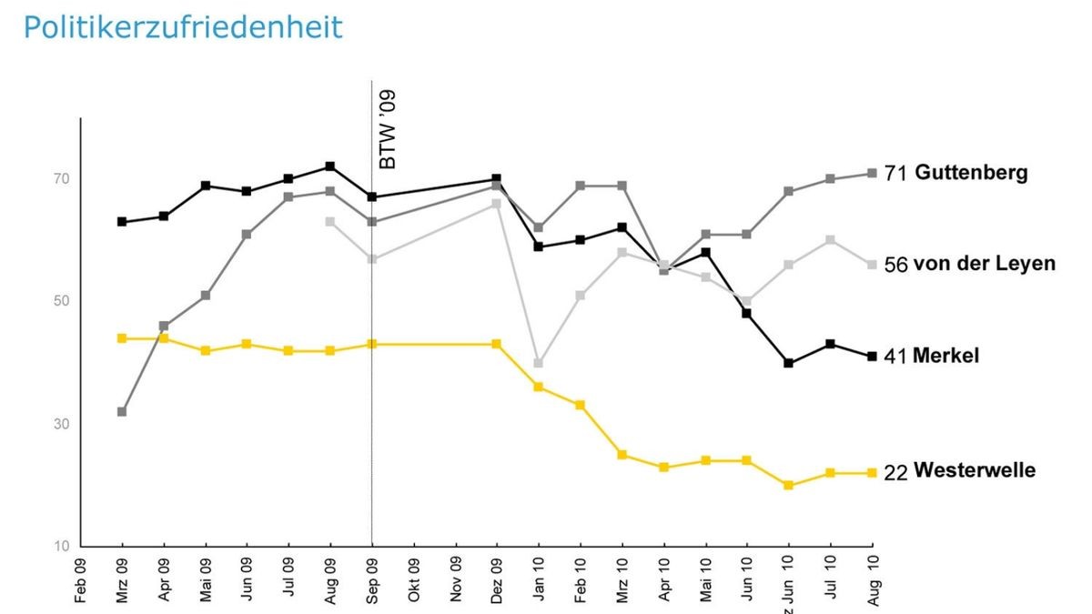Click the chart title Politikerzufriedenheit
pos(183,27)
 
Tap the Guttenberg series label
pos(971,173)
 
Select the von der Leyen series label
pos(984,264)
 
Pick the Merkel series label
pos(946,356)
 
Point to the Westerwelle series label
pos(975,471)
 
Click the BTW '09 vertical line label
pos(388,130)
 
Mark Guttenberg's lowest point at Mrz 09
pos(122,411)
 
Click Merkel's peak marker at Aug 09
pos(330,166)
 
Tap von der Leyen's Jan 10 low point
pos(538,363)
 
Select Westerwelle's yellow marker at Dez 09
pos(497,344)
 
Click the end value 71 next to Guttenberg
pos(895,174)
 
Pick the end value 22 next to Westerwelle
pos(895,473)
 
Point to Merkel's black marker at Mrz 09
pos(122,221)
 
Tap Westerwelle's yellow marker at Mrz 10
pos(622,454)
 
